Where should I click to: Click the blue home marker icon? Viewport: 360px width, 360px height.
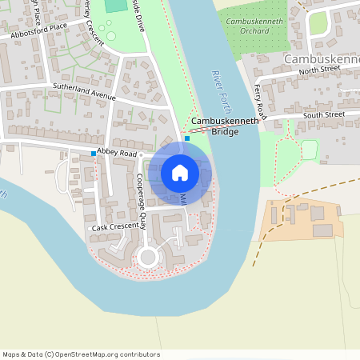[x=180, y=173]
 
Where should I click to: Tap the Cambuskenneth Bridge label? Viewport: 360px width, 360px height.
[x=225, y=126]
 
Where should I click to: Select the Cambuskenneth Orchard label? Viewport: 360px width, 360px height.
[x=254, y=25]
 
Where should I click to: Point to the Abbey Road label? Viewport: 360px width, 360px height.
[x=118, y=152]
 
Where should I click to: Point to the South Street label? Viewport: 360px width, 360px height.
[x=323, y=115]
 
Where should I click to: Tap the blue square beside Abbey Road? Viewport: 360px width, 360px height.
[x=94, y=153]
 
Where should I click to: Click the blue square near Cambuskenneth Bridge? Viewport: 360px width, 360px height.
[x=187, y=138]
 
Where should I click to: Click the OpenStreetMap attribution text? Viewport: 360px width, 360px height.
[x=81, y=354]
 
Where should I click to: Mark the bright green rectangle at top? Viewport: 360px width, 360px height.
[x=116, y=5]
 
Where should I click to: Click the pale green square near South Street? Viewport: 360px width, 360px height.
[x=308, y=149]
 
